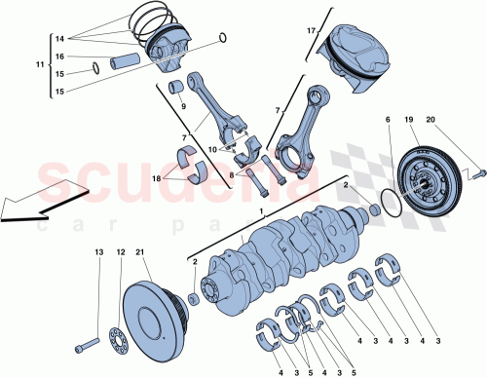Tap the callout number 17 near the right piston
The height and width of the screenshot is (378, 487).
coord(312,31)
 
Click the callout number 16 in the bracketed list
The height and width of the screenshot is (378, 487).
coord(58,57)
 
